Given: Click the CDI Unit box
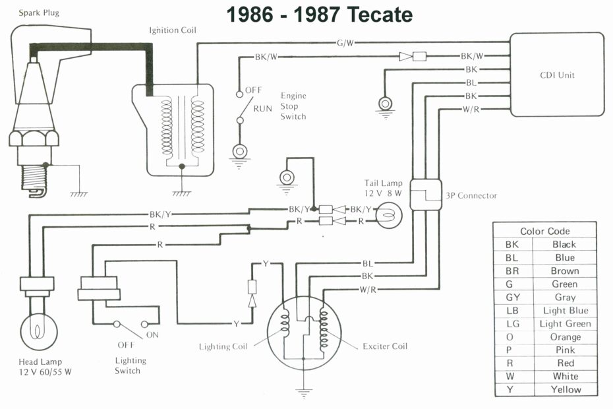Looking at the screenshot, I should (x=557, y=75).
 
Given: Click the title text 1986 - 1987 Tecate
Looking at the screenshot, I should (x=320, y=15).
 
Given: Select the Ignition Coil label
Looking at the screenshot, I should (x=173, y=30).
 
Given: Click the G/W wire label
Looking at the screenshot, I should (x=345, y=43).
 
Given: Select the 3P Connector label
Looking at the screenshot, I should (x=471, y=196).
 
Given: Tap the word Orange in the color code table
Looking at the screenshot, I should (x=565, y=336).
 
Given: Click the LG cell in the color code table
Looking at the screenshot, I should (x=512, y=323).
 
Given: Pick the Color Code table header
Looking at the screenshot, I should (x=545, y=231).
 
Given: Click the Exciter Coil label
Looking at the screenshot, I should (x=385, y=346).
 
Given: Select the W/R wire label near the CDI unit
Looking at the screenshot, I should (x=471, y=109).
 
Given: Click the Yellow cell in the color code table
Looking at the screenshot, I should (x=565, y=389).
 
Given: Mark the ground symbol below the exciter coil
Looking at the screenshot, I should (x=303, y=393).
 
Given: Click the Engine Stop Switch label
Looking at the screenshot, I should (x=293, y=106).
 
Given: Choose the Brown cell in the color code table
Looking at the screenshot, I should (x=565, y=270).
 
